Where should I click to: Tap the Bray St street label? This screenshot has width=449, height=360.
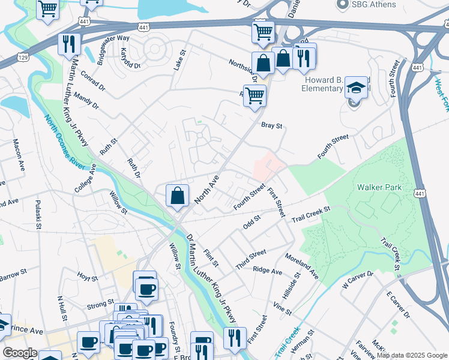pyautogui.click(x=271, y=126)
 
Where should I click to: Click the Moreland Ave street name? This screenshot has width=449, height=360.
pyautogui.click(x=310, y=265)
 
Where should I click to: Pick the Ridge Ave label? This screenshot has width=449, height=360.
pyautogui.click(x=268, y=271)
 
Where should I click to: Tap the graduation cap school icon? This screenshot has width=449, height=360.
pyautogui.click(x=356, y=88)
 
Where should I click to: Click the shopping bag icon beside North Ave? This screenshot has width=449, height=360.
pyautogui.click(x=178, y=196)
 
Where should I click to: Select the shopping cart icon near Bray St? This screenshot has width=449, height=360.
pyautogui.click(x=255, y=95)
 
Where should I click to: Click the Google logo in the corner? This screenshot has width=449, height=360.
pyautogui.click(x=20, y=353)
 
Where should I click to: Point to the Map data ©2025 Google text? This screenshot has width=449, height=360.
pyautogui.click(x=411, y=355)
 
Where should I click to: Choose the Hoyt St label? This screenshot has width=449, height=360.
pyautogui.click(x=87, y=278)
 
